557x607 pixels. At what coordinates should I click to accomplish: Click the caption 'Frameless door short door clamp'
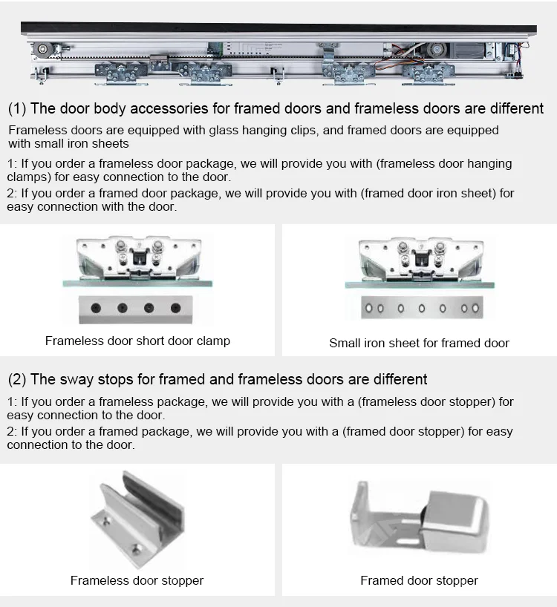[137, 341]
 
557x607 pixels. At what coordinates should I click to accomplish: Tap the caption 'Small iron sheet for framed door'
[419, 343]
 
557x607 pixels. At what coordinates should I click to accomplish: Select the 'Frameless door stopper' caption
[137, 581]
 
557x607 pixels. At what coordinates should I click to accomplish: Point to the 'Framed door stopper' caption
[419, 581]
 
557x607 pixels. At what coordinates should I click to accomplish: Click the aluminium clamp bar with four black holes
[136, 309]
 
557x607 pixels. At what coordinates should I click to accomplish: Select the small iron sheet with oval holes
[422, 308]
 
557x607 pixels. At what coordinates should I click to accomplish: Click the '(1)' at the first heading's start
[16, 108]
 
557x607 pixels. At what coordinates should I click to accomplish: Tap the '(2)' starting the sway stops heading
[16, 379]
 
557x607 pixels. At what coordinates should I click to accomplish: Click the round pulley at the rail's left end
[42, 50]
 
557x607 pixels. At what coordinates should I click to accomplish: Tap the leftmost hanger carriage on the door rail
[121, 73]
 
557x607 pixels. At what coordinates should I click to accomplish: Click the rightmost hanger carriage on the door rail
[428, 73]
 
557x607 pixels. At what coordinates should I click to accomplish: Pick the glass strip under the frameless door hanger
[137, 283]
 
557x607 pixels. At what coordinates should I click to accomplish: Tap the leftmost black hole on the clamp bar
[96, 308]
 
